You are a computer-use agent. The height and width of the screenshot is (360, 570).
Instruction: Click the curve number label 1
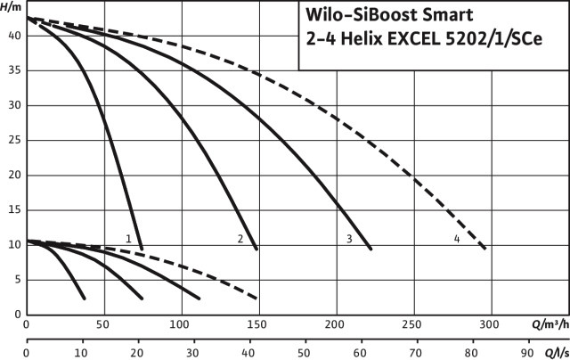[x=129, y=239]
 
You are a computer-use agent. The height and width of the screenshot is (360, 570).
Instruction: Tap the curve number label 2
[x=240, y=239]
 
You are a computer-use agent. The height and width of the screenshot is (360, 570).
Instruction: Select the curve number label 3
[x=349, y=239]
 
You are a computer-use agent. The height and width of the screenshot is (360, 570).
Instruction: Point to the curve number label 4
[x=456, y=239]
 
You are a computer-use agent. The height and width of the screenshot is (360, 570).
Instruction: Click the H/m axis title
[x=12, y=6]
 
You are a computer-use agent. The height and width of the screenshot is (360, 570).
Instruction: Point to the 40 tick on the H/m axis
[x=13, y=37]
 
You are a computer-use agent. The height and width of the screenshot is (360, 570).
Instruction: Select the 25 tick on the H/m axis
[x=13, y=141]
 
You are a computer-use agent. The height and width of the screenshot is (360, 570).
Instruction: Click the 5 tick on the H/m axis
[x=17, y=280]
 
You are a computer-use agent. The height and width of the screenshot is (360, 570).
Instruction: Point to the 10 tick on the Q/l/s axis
[x=83, y=351]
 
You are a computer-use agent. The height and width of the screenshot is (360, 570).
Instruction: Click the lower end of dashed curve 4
[x=484, y=249]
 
